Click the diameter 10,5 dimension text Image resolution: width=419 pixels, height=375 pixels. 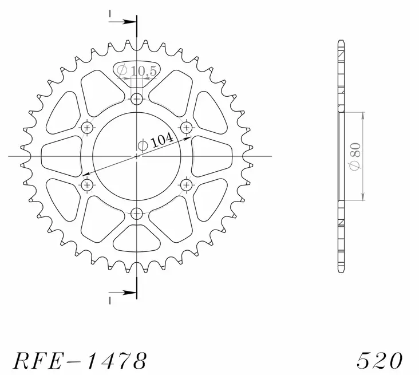[x=138, y=70]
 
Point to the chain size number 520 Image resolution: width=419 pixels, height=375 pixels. [x=378, y=360]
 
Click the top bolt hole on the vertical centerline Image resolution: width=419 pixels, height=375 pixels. [x=136, y=100]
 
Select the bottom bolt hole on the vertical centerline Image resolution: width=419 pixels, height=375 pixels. [x=136, y=214]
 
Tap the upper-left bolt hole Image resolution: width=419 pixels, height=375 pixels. [x=88, y=127]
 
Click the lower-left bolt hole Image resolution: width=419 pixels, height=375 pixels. [x=88, y=184]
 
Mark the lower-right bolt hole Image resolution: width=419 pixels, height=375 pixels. [x=185, y=184]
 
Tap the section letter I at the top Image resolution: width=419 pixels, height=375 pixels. [x=109, y=13]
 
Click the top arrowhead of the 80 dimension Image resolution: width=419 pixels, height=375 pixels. [x=363, y=115]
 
